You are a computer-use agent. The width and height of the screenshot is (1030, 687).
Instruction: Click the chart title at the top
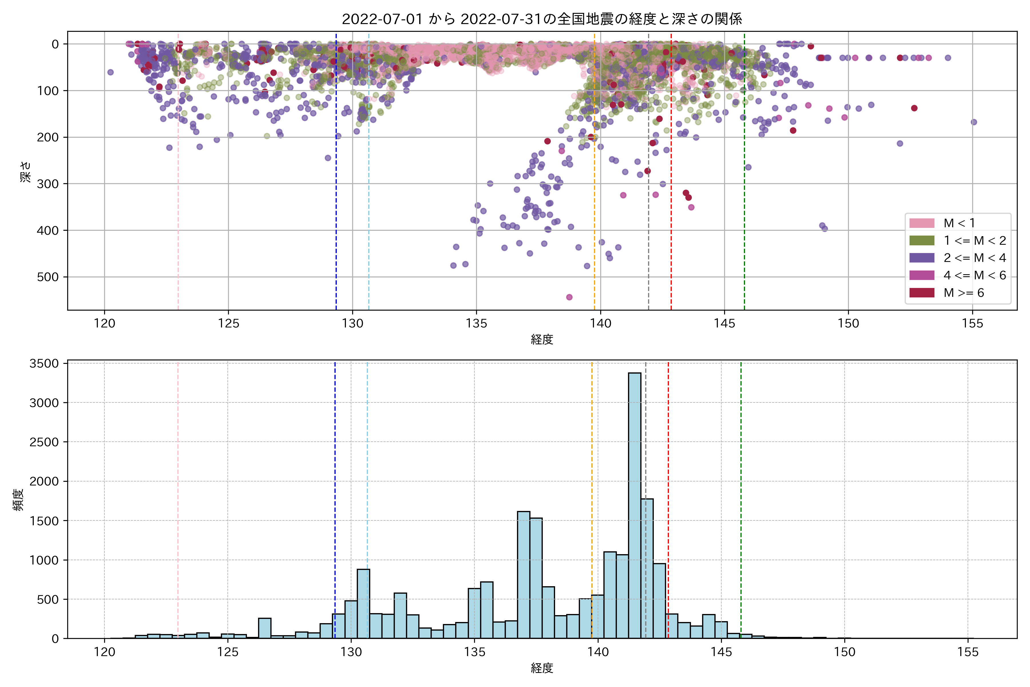coord(542,19)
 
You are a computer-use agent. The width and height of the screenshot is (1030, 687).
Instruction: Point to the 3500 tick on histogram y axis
coord(44,364)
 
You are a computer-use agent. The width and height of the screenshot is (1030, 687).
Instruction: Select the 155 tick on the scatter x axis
coord(972,324)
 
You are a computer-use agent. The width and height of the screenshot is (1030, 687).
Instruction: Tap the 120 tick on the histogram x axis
coord(104,652)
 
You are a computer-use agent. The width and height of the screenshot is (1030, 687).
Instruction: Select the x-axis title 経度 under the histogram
coord(542,668)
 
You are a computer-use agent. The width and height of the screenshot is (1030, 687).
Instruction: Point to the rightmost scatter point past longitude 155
coord(974,122)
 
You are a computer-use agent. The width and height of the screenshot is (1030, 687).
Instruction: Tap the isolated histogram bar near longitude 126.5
coord(264,628)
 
